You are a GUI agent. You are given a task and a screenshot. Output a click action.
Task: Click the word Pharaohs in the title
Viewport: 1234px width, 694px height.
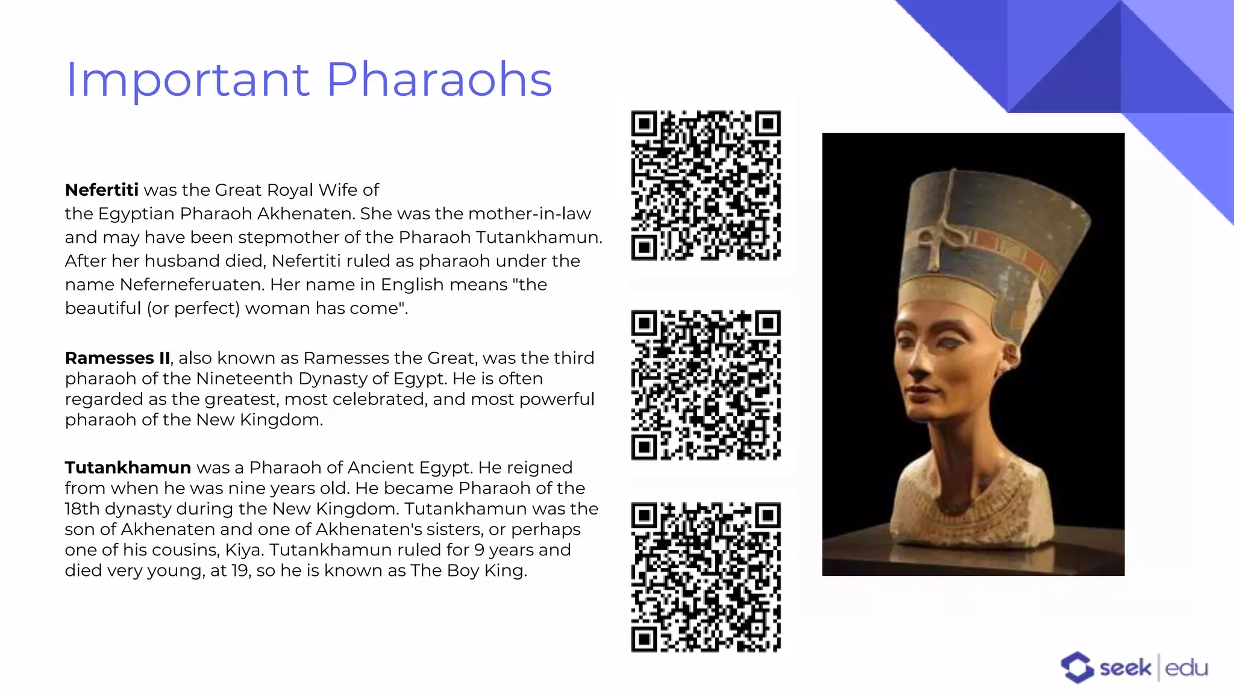coord(439,80)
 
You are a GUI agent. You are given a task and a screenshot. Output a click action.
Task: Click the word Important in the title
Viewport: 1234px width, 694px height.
coord(187,80)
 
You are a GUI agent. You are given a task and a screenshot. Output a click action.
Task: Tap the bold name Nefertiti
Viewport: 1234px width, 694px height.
coord(101,190)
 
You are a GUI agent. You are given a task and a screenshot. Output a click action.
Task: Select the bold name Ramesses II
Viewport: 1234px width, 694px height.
coord(117,358)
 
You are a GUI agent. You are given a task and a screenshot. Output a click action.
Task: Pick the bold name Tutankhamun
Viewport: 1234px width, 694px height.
coord(128,467)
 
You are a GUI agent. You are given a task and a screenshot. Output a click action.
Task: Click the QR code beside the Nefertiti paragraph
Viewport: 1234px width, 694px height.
coord(706,185)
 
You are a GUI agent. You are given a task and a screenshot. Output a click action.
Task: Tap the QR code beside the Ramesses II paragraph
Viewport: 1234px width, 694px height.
coord(706,385)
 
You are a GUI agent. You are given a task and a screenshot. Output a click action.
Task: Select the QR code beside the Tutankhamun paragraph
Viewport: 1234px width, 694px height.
coord(706,577)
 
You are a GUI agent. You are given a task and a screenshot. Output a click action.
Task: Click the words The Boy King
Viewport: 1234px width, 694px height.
coord(468,571)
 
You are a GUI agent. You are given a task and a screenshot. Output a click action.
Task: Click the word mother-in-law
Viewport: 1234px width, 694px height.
coord(529,214)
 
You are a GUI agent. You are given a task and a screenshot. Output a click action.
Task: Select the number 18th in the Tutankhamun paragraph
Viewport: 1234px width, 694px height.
coord(82,509)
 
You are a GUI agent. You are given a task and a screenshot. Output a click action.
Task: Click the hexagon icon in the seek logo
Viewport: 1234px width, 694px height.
coord(1077,667)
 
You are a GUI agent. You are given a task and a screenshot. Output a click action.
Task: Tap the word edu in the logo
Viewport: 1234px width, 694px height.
coord(1186,668)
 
